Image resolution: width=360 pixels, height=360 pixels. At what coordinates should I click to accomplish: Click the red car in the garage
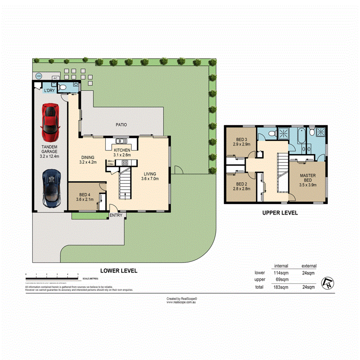[x=51, y=122]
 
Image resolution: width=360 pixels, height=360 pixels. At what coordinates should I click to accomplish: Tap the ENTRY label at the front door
[x=116, y=215]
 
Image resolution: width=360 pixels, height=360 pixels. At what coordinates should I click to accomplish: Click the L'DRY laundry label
[x=49, y=90]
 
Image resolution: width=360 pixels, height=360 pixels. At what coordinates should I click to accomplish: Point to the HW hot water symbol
[x=38, y=76]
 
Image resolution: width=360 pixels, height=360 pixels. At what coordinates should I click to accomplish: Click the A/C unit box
[x=55, y=78]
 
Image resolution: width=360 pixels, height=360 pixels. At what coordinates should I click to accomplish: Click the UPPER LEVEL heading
[x=280, y=213]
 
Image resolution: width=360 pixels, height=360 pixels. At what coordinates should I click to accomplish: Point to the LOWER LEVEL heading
[x=119, y=271]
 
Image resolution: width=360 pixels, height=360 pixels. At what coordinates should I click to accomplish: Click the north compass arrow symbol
[x=328, y=283]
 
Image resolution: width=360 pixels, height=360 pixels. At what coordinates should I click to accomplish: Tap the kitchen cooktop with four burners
[x=125, y=163]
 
